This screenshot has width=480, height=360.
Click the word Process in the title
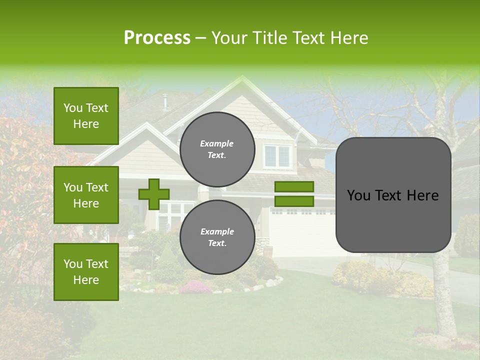click(x=157, y=38)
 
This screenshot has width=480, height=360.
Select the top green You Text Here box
click(x=86, y=116)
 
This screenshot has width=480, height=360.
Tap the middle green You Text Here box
click(x=86, y=195)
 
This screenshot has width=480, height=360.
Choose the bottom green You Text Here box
click(x=86, y=272)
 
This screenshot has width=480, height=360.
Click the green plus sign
click(x=153, y=194)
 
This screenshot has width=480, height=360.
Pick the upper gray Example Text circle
click(x=217, y=149)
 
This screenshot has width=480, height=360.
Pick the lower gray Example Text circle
click(x=217, y=237)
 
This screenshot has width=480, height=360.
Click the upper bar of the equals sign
click(x=294, y=186)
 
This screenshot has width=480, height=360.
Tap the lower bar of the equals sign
click(x=294, y=201)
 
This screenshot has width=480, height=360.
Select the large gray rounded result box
click(x=393, y=195)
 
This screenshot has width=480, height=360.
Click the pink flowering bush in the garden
click(x=195, y=287)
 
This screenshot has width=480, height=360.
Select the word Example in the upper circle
click(x=216, y=144)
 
